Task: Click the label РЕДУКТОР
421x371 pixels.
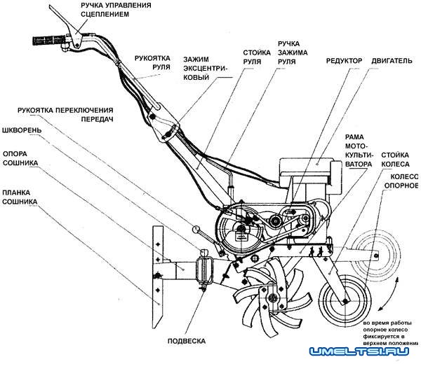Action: (x=344, y=61)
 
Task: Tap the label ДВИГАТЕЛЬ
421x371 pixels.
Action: (x=394, y=61)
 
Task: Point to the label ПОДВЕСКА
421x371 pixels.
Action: (x=187, y=341)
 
